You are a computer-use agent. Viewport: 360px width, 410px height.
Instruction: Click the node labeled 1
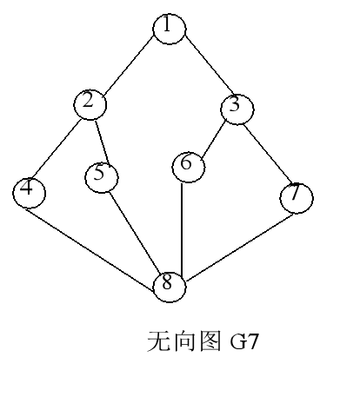click(170, 29)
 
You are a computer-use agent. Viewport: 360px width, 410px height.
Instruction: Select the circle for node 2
click(90, 104)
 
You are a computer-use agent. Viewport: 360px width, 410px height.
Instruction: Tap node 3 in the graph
click(237, 109)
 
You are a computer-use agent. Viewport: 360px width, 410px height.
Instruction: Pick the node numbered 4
click(30, 193)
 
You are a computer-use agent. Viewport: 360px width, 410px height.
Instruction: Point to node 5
click(102, 177)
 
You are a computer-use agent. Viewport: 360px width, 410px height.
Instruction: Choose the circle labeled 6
click(189, 167)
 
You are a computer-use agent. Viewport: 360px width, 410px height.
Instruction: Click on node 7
click(297, 198)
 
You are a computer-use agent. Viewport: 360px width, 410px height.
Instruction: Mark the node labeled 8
click(170, 287)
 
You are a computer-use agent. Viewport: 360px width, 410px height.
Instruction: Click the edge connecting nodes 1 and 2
click(128, 65)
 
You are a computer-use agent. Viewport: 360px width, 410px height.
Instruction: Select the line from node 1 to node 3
click(210, 64)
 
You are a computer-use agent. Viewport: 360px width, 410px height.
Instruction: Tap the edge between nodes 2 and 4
click(57, 149)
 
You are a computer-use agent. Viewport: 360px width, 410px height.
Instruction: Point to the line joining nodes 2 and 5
click(103, 142)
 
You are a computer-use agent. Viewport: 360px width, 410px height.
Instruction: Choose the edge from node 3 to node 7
click(268, 154)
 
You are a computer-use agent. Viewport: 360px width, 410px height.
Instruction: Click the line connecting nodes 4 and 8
click(90, 249)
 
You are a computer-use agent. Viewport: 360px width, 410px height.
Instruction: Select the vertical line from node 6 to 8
click(182, 229)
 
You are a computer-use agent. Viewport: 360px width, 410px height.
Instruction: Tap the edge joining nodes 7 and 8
click(240, 248)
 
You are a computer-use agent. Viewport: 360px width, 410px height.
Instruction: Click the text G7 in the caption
click(243, 341)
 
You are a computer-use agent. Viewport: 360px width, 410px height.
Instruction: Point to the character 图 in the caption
click(210, 341)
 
